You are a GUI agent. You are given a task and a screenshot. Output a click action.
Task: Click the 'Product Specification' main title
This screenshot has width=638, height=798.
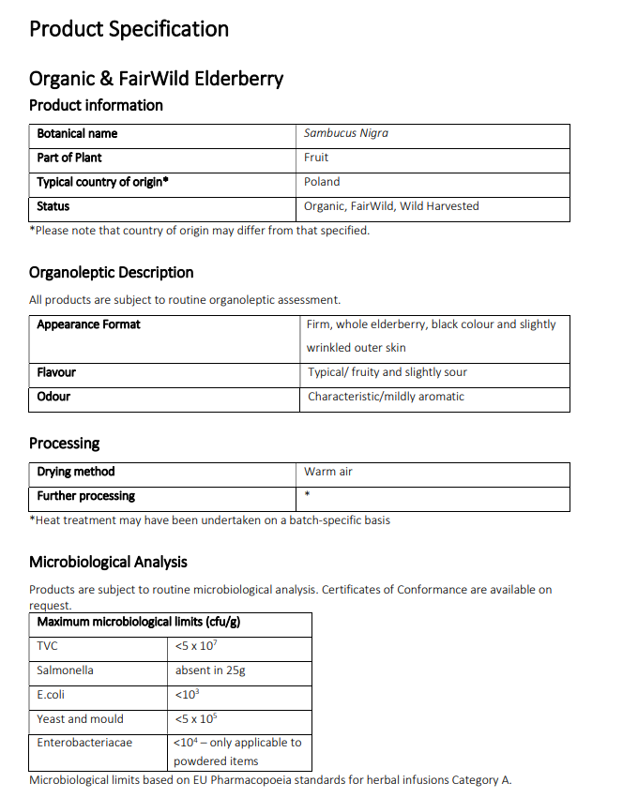click(129, 29)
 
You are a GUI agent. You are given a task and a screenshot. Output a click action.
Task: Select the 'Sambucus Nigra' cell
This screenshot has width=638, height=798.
click(345, 133)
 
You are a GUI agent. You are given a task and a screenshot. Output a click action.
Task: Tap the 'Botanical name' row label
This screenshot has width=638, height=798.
click(77, 133)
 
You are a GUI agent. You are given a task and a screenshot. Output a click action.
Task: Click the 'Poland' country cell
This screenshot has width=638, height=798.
click(322, 182)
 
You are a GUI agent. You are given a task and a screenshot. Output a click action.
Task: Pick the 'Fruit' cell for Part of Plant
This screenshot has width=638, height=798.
click(316, 158)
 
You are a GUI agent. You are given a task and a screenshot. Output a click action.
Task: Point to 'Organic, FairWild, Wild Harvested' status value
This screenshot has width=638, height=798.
click(391, 206)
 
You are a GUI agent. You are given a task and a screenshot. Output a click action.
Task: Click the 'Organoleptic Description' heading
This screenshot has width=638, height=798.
click(111, 273)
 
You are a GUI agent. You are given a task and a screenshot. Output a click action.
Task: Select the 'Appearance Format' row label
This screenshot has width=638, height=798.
click(88, 324)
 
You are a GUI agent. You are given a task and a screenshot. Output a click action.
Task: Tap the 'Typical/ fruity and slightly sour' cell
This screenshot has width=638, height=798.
click(387, 372)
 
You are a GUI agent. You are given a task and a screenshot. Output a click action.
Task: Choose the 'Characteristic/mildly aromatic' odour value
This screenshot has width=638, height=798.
click(386, 397)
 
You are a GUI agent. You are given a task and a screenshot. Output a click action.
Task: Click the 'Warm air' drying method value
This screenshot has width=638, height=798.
click(327, 472)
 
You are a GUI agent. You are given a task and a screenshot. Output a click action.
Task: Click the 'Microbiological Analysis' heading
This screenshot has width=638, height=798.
click(108, 563)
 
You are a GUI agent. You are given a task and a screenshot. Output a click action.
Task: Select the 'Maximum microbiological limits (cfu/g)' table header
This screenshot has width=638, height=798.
click(141, 622)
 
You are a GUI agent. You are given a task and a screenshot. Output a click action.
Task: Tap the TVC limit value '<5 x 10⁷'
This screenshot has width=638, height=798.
click(196, 646)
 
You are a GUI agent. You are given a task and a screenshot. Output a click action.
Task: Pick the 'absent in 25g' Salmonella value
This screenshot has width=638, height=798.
click(210, 670)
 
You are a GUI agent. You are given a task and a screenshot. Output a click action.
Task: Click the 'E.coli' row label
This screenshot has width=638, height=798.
click(51, 695)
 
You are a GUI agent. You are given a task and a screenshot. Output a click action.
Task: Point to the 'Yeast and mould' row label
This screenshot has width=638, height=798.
click(80, 719)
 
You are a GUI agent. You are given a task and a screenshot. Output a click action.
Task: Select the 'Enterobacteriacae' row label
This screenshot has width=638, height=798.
click(84, 743)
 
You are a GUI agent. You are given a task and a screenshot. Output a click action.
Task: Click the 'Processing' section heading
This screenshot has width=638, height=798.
click(64, 444)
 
